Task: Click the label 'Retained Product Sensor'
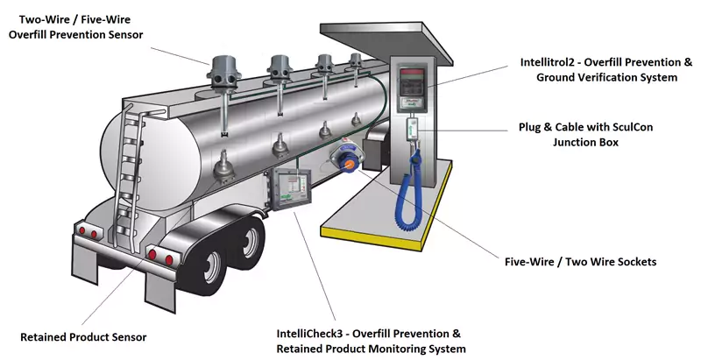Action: coord(83,336)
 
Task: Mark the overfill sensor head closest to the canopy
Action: coord(355,63)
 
